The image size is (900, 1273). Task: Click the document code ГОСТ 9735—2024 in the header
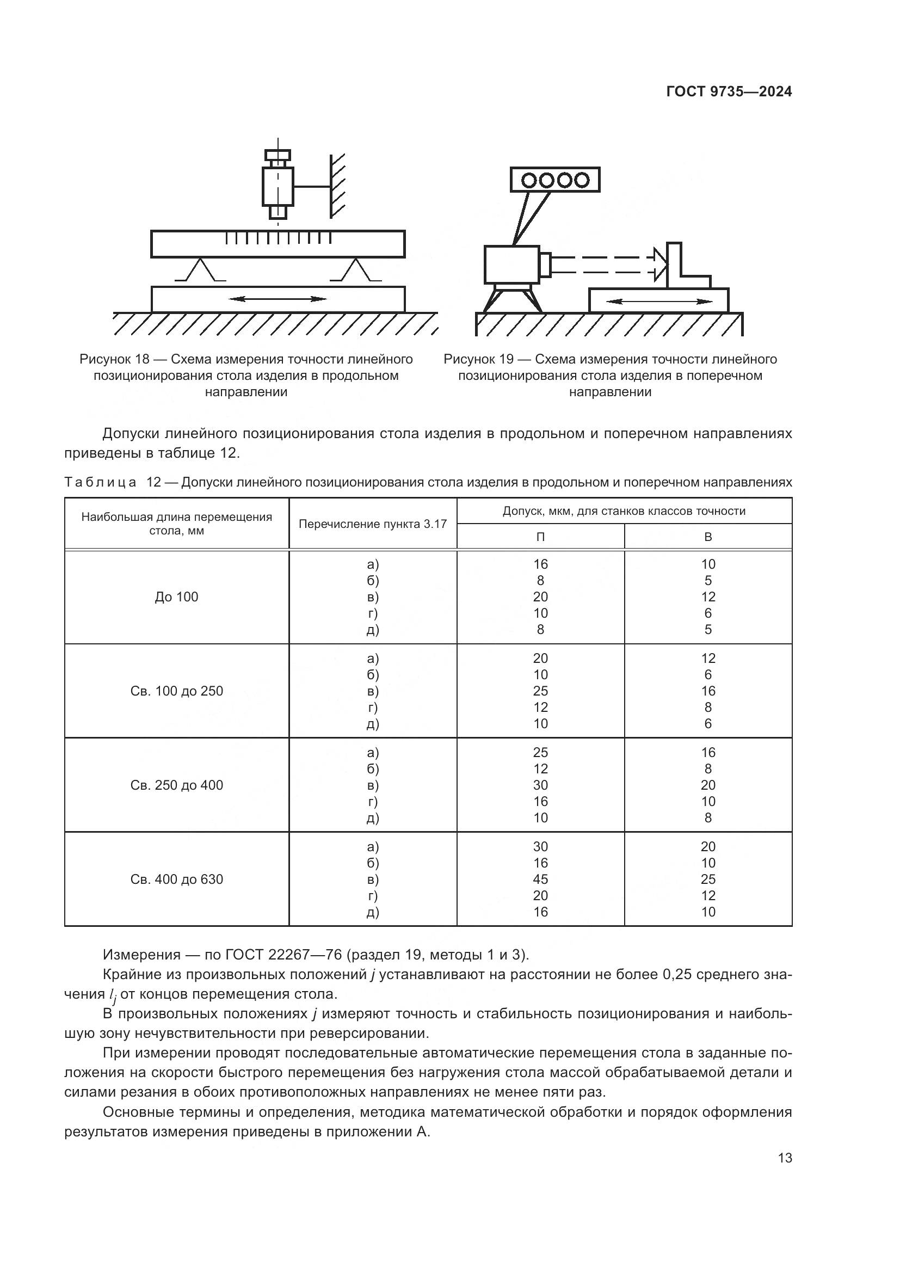click(x=729, y=92)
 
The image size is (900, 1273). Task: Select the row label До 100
click(x=176, y=596)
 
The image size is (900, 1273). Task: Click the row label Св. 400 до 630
click(x=176, y=879)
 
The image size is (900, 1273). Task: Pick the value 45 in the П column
click(x=540, y=879)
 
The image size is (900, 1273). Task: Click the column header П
click(x=540, y=537)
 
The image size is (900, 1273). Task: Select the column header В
click(x=708, y=537)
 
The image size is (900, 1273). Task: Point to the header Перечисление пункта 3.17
click(x=372, y=524)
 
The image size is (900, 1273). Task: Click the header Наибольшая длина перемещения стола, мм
click(x=176, y=524)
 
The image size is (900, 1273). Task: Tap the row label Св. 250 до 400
click(x=176, y=785)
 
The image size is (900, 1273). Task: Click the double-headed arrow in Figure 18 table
click(x=278, y=299)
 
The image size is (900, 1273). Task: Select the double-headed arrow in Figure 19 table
click(x=659, y=302)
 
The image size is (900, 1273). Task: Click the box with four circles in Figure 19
click(x=554, y=180)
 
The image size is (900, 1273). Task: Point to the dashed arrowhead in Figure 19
click(x=658, y=264)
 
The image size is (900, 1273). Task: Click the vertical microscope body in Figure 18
click(x=277, y=187)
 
